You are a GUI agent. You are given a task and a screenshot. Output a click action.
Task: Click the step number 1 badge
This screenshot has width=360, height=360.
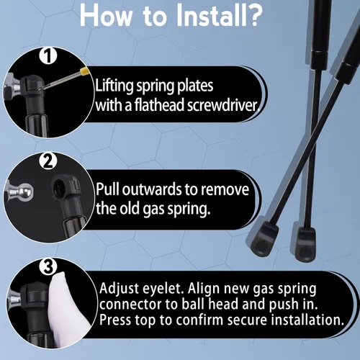coord(48,55)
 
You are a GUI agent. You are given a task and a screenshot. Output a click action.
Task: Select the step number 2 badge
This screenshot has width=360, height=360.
coord(48,161)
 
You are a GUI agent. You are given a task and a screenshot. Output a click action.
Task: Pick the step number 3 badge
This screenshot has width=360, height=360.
coord(48,266)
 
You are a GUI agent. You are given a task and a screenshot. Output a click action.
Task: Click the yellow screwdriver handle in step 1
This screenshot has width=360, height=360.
coord(84,71)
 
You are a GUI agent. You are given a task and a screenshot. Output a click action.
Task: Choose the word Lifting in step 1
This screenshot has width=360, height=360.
coord(114,86)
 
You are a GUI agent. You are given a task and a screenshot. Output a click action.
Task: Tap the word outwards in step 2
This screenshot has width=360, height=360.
coord(152,189)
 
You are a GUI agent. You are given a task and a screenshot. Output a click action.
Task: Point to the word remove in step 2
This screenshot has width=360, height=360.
coord(225,190)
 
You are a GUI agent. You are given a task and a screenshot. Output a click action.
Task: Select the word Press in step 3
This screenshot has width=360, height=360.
coord(115,320)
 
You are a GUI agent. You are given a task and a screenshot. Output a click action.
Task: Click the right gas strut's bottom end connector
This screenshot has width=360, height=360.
coord(303,244)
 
